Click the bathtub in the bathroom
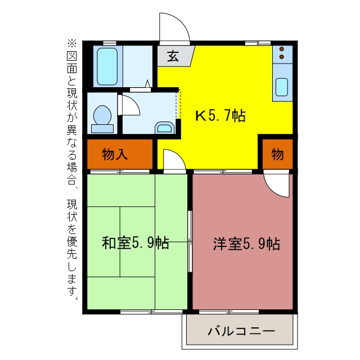pyautogui.click(x=107, y=66)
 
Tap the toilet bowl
pyautogui.click(x=102, y=115)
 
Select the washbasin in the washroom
pyautogui.click(x=165, y=128)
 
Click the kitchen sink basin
pyautogui.click(x=282, y=87)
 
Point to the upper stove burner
pyautogui.click(x=282, y=49)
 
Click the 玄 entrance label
pyautogui.click(x=173, y=56)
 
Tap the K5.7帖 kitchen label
pyautogui.click(x=220, y=115)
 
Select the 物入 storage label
pyautogui.click(x=115, y=154)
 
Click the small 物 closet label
pyautogui.click(x=277, y=154)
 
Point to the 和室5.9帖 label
pyautogui.click(x=136, y=243)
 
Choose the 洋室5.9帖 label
pyautogui.click(x=246, y=244)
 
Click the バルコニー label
pyautogui.click(x=241, y=331)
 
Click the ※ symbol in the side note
pyautogui.click(x=72, y=43)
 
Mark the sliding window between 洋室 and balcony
pyautogui.click(x=229, y=312)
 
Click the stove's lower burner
pyautogui.click(x=282, y=57)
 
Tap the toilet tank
pyautogui.click(x=102, y=129)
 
